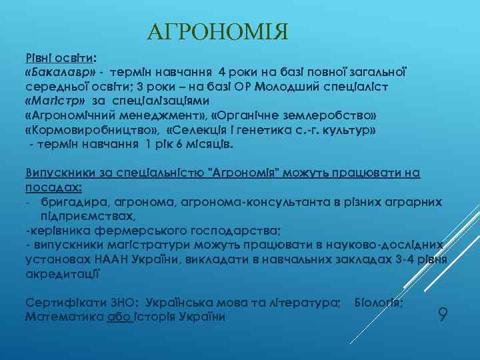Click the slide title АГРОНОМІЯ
click(217, 31)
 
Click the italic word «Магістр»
click(55, 101)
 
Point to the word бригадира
click(70, 202)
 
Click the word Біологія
click(378, 303)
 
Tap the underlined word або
click(118, 317)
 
